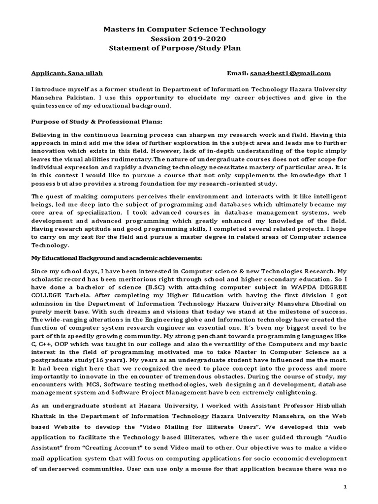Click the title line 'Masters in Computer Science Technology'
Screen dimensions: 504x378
[x=184, y=30]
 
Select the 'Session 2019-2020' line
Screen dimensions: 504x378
[x=184, y=38]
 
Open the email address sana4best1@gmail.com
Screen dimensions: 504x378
[x=290, y=73]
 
